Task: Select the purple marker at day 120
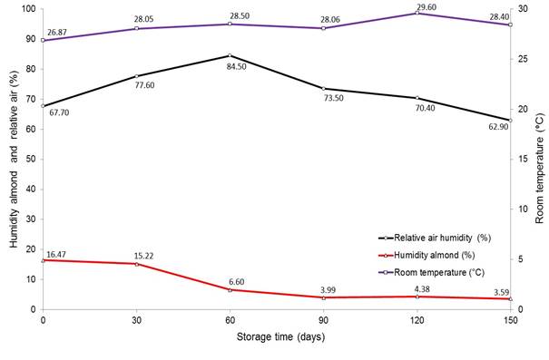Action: coord(417,13)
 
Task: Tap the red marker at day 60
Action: coord(230,289)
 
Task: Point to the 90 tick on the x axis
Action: coord(323,320)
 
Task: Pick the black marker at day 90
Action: coord(323,88)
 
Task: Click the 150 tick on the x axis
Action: coord(509,320)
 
